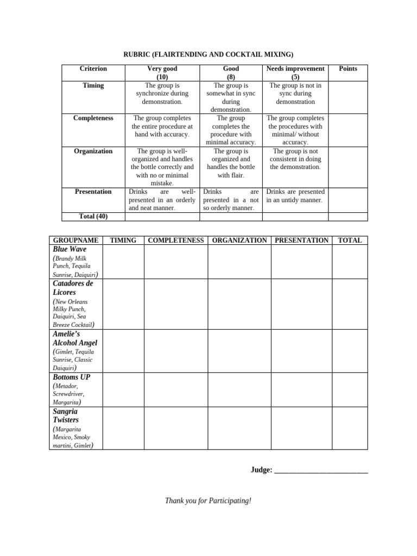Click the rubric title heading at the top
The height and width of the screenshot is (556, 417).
(208, 54)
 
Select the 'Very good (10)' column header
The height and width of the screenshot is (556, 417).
(162, 73)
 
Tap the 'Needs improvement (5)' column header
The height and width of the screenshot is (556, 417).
(295, 73)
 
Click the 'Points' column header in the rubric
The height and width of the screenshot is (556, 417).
(347, 69)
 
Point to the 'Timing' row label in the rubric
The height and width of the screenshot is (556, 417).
(93, 85)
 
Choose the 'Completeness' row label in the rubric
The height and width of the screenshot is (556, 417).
(93, 118)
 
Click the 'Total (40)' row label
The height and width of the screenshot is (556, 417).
(93, 217)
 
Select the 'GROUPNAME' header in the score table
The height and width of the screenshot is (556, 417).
(75, 240)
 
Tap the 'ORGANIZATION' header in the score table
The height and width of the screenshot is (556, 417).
(239, 240)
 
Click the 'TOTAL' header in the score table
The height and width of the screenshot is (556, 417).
(350, 240)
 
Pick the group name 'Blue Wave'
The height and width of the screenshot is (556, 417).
(69, 249)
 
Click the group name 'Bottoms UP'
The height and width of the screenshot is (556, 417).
(72, 377)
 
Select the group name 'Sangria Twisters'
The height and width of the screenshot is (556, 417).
(66, 415)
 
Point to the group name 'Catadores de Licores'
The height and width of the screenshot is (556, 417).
(73, 288)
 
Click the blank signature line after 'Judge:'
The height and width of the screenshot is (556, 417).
(321, 471)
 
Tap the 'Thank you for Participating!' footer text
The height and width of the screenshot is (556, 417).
(208, 500)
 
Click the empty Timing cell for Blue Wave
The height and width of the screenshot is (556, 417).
(123, 262)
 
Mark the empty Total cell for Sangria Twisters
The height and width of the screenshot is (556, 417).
(350, 428)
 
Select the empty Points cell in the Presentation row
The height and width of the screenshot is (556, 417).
(347, 199)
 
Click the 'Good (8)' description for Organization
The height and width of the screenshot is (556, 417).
(231, 163)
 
